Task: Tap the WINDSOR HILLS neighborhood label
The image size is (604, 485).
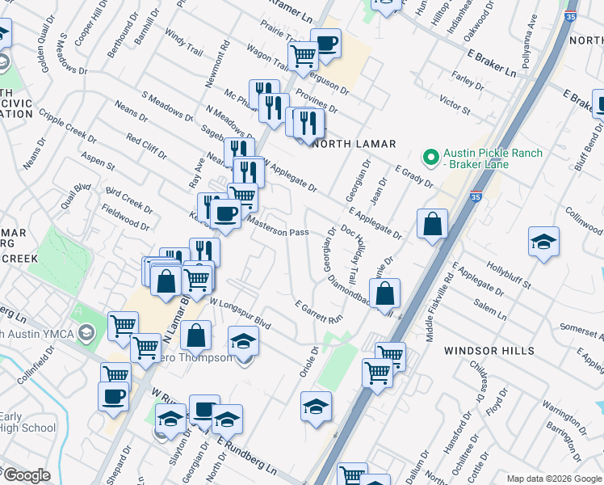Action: pyautogui.click(x=489, y=351)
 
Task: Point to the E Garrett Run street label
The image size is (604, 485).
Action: pyautogui.click(x=319, y=314)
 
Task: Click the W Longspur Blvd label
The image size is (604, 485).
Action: pyautogui.click(x=240, y=313)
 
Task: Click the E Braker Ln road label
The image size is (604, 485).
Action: pyautogui.click(x=491, y=61)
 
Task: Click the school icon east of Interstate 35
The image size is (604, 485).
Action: pyautogui.click(x=543, y=241)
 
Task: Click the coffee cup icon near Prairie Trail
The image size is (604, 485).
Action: pyautogui.click(x=325, y=44)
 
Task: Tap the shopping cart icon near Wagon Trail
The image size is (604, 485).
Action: pyautogui.click(x=303, y=56)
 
